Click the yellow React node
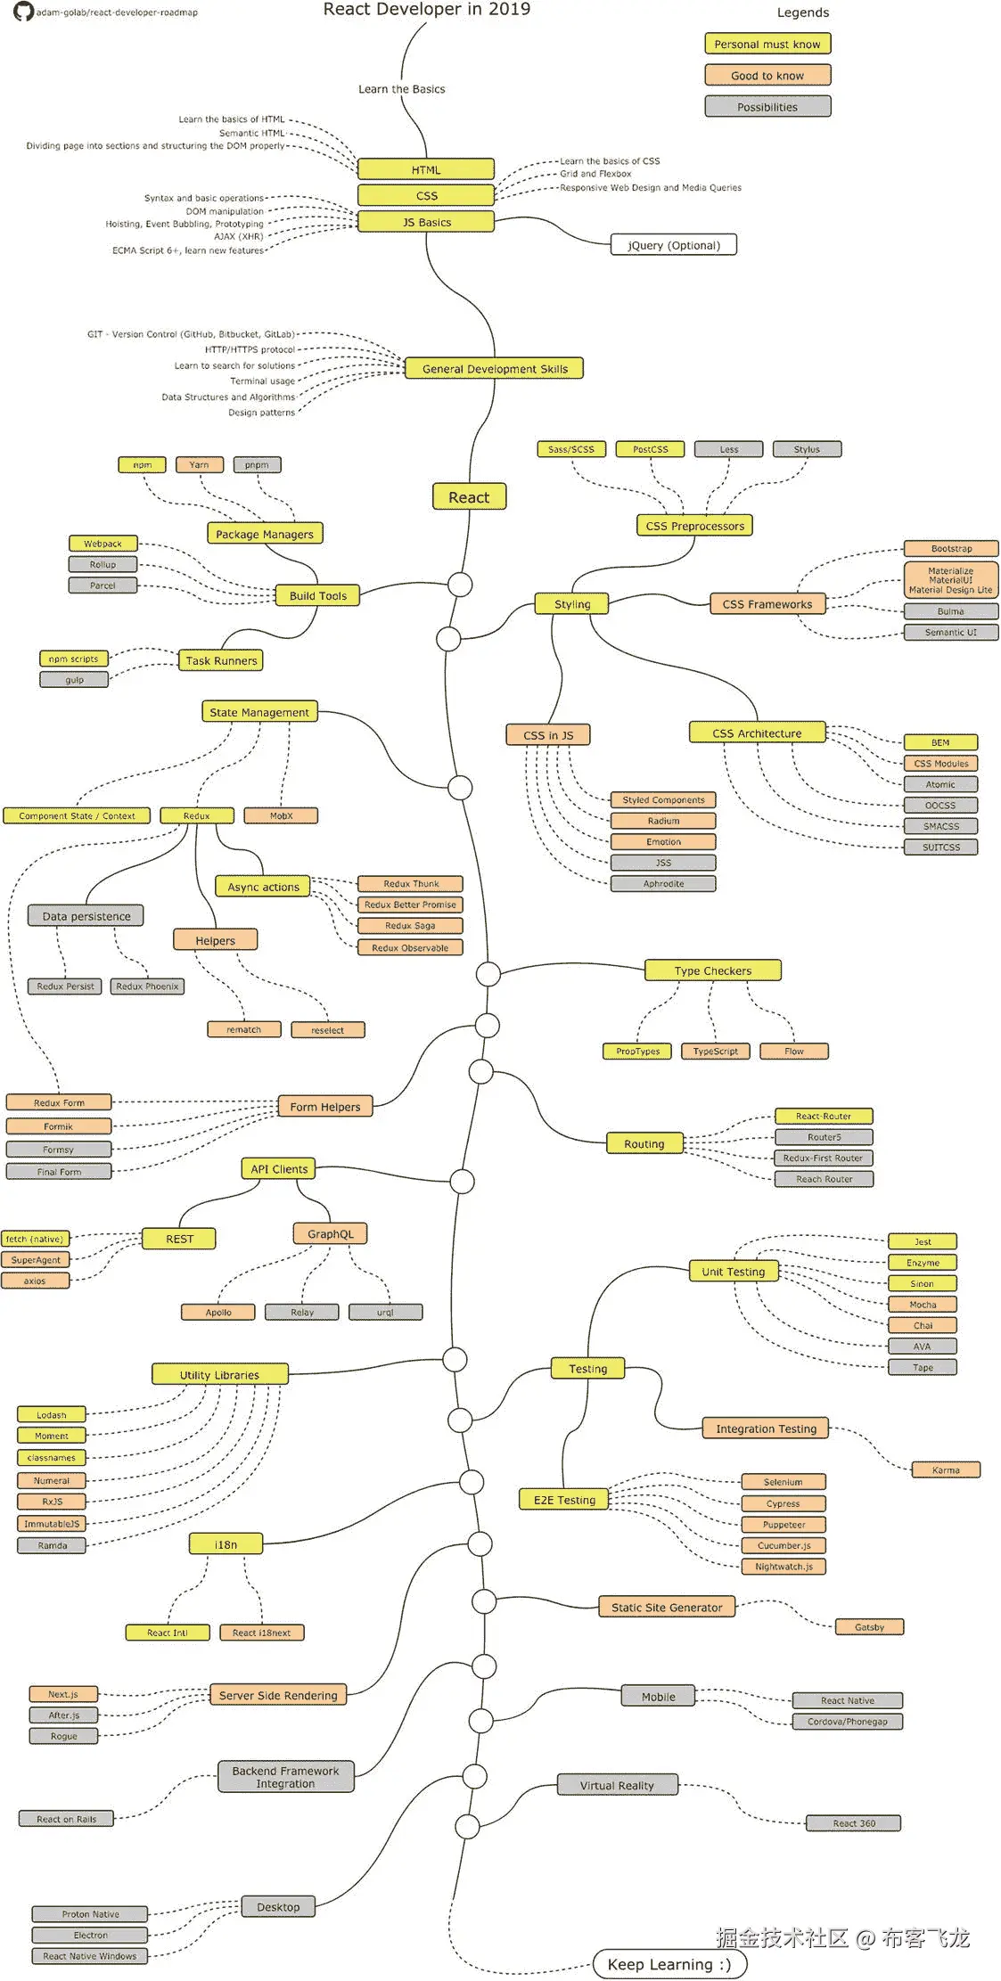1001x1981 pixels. [469, 497]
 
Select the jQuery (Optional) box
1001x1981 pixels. [674, 245]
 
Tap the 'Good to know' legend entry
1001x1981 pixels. [767, 76]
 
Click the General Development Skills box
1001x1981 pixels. [495, 369]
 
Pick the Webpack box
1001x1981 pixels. [103, 544]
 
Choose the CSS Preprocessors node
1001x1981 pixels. [695, 526]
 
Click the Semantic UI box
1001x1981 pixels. [950, 633]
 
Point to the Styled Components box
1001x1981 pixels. [663, 800]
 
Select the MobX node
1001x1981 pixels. [282, 816]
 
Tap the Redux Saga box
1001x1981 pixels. [410, 926]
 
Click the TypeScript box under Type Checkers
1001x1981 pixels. [716, 1052]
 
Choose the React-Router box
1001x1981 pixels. [824, 1117]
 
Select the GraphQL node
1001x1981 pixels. [331, 1234]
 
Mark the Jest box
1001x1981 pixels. [923, 1242]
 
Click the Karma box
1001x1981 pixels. [946, 1470]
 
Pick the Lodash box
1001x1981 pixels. [52, 1415]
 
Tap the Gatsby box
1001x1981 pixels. [869, 1627]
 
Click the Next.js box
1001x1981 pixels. [63, 1694]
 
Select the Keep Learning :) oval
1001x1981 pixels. [669, 1964]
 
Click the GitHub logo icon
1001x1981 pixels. [23, 12]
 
